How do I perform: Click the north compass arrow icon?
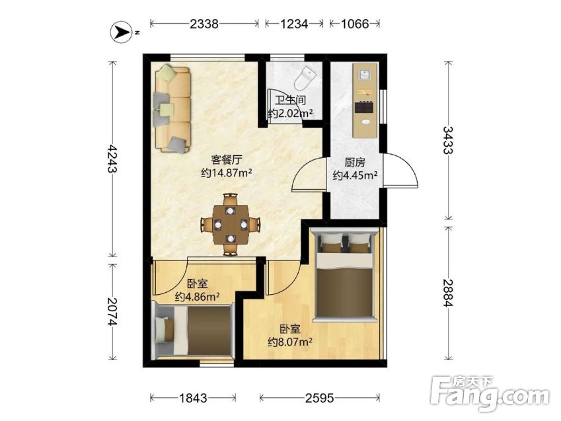[x=122, y=32]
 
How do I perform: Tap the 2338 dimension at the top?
[x=204, y=24]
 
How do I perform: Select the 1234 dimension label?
[x=294, y=24]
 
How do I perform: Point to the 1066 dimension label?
[x=355, y=24]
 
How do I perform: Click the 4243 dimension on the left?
[x=112, y=159]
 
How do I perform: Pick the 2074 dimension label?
[x=112, y=312]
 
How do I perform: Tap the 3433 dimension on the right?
[x=447, y=140]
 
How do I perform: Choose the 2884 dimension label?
[x=447, y=293]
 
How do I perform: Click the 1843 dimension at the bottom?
[x=192, y=398]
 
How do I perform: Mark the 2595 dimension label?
[x=320, y=398]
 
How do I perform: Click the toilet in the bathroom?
[x=305, y=78]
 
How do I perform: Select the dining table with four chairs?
[x=231, y=224]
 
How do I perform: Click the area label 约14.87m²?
[x=227, y=173]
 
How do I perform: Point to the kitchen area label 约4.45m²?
[x=355, y=175]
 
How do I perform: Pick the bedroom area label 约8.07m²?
[x=290, y=342]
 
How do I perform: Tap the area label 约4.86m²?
[x=197, y=297]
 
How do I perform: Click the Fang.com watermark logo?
[x=490, y=395]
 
